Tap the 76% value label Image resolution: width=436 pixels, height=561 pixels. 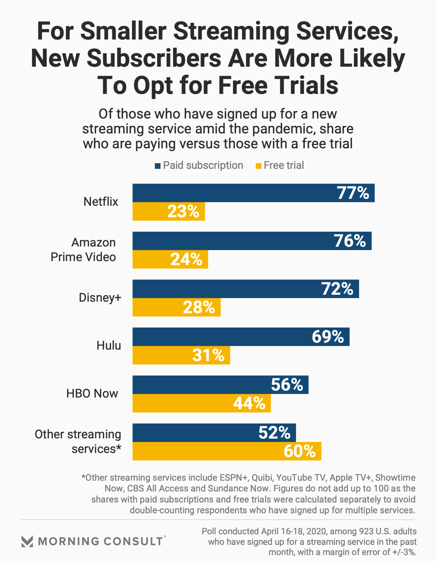350,241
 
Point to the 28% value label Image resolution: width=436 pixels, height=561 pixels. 199,307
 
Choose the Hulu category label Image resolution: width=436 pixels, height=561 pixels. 108,345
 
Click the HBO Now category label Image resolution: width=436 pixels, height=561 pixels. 92,393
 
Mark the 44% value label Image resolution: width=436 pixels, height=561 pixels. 249,403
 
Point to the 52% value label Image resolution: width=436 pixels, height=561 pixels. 274,433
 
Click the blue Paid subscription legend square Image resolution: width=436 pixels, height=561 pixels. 158,166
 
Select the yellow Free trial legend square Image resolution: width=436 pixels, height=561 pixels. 258,166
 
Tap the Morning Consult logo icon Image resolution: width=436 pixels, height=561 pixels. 27,541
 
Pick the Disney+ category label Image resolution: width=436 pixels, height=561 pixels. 100,298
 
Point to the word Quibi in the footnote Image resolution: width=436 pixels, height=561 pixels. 262,478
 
